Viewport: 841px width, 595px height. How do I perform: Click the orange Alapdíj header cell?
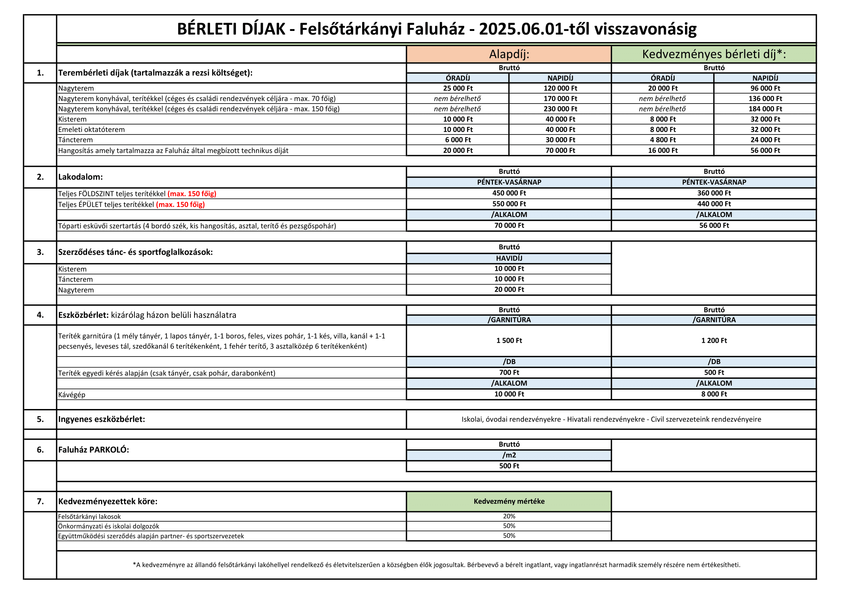(x=509, y=54)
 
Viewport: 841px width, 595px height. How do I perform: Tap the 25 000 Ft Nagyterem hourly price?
(x=457, y=88)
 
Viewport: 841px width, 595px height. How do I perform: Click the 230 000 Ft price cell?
(x=560, y=109)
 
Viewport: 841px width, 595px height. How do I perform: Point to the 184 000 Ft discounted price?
(x=765, y=109)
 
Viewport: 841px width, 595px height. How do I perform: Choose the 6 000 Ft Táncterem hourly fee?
(x=457, y=140)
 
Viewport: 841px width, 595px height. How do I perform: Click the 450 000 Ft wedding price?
(x=509, y=193)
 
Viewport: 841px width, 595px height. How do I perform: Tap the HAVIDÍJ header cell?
(x=509, y=258)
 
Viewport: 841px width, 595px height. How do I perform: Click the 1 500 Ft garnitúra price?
(x=509, y=340)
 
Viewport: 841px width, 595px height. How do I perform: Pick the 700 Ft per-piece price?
(x=509, y=372)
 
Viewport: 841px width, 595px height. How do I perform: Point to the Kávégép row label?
(x=72, y=395)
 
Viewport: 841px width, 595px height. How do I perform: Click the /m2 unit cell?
(x=509, y=455)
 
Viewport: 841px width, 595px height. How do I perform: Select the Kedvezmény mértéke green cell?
(x=509, y=501)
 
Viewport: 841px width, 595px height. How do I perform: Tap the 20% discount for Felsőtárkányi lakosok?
(x=509, y=516)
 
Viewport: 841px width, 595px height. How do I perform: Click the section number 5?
(x=40, y=419)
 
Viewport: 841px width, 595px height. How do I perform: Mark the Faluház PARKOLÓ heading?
(x=93, y=450)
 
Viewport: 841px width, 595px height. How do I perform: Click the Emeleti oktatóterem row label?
(x=91, y=130)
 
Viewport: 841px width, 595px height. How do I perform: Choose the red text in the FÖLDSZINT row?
(x=192, y=194)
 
